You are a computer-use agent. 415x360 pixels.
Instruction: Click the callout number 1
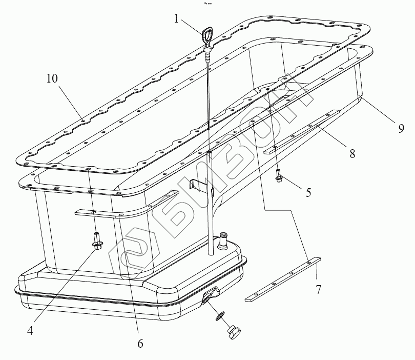[176, 19]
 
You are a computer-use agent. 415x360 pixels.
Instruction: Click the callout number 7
[319, 290]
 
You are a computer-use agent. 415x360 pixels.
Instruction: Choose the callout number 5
[308, 193]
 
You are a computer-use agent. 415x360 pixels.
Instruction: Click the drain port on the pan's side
[210, 297]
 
